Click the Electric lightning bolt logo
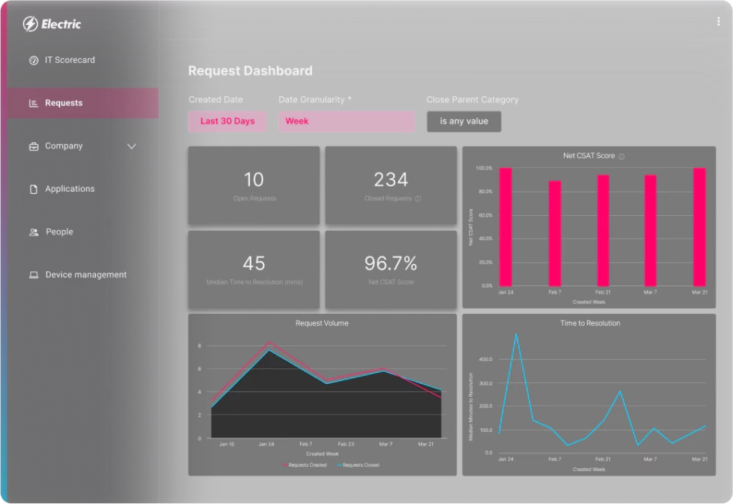pyautogui.click(x=31, y=24)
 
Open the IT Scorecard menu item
pyautogui.click(x=69, y=60)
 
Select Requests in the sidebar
pyautogui.click(x=64, y=103)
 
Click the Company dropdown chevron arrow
pyautogui.click(x=132, y=147)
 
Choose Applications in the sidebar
pyautogui.click(x=69, y=189)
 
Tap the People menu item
pyautogui.click(x=59, y=232)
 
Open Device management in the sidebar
pyautogui.click(x=86, y=275)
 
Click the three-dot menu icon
pyautogui.click(x=718, y=21)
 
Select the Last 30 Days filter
pyautogui.click(x=227, y=122)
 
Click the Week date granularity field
pyautogui.click(x=346, y=122)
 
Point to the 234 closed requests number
pyautogui.click(x=391, y=179)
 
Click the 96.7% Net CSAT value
pyautogui.click(x=391, y=263)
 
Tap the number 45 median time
pyautogui.click(x=253, y=263)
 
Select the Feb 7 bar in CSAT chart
pyautogui.click(x=555, y=232)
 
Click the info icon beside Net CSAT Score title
pyautogui.click(x=621, y=156)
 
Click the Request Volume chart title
pyautogui.click(x=322, y=323)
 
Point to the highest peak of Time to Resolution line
pyautogui.click(x=516, y=334)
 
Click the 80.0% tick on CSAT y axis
pyautogui.click(x=485, y=192)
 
